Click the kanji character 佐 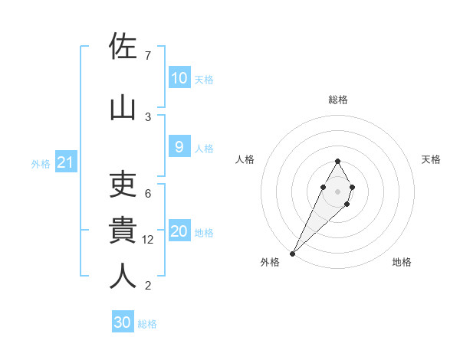[x=123, y=47]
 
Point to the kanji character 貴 [x=123, y=231]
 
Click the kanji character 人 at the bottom [x=123, y=276]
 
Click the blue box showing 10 [x=179, y=78]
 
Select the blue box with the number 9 [x=179, y=148]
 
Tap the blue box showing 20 [x=179, y=232]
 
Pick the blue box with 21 [x=65, y=162]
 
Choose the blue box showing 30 [x=123, y=323]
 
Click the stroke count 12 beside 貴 [x=149, y=240]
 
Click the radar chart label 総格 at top [x=337, y=100]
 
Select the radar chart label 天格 [x=431, y=159]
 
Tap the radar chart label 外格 [x=270, y=262]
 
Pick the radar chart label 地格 [x=402, y=262]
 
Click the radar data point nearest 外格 [x=292, y=253]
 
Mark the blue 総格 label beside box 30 [x=147, y=324]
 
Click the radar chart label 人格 [x=245, y=159]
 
